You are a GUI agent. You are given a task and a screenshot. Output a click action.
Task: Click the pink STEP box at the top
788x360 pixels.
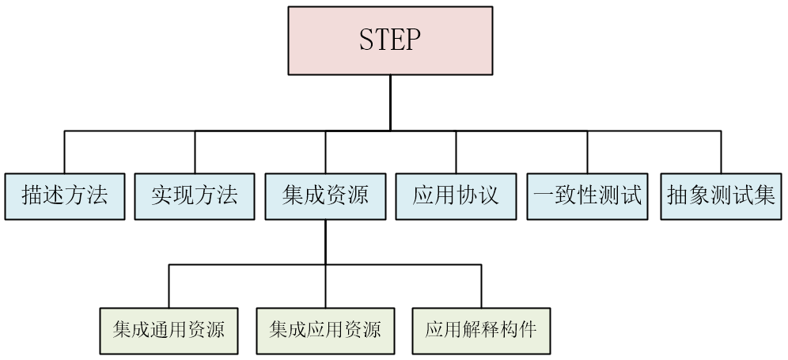tap(390, 40)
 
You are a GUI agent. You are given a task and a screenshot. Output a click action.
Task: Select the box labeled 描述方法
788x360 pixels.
tap(64, 195)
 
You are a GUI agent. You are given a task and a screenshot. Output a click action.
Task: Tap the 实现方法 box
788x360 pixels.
tap(195, 195)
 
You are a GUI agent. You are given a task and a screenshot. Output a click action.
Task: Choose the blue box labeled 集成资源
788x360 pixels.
tap(325, 195)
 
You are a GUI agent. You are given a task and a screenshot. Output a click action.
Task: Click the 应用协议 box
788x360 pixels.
tap(456, 195)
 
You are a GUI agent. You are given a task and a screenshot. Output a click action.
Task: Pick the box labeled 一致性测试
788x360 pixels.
tap(587, 195)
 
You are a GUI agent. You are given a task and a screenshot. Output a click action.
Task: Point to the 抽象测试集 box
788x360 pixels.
tap(721, 195)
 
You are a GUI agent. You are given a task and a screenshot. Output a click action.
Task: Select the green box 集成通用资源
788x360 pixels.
tap(169, 329)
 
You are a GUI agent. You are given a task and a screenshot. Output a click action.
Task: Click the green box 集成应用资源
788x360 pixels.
tap(325, 329)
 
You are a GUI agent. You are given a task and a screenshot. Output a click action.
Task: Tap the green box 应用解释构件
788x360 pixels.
tap(481, 329)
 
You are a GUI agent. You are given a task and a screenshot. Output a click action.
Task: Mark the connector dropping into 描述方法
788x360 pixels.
tap(64, 151)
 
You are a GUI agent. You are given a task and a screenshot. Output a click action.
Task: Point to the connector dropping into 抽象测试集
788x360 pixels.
tap(721, 151)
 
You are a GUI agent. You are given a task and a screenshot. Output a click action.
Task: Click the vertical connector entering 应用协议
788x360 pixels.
tap(456, 151)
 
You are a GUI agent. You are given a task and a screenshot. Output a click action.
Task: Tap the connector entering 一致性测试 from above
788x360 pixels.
tap(587, 151)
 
